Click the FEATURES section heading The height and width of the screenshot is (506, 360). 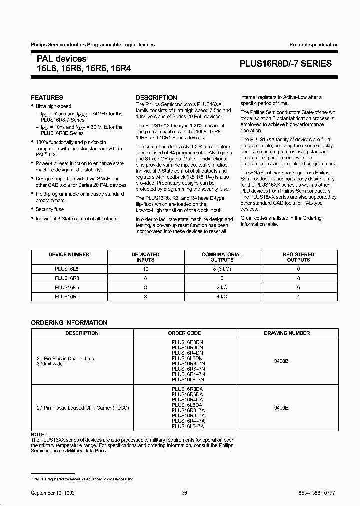pyautogui.click(x=47, y=98)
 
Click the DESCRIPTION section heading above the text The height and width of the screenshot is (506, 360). pyautogui.click(x=156, y=98)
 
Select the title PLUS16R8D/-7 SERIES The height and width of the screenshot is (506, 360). pyautogui.click(x=285, y=64)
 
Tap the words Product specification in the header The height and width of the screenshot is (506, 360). pyautogui.click(x=314, y=45)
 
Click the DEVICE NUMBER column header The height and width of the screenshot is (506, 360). pyautogui.click(x=69, y=255)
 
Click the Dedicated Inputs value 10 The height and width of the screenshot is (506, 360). pyautogui.click(x=145, y=269)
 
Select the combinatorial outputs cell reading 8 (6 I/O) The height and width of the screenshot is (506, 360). pyautogui.click(x=222, y=269)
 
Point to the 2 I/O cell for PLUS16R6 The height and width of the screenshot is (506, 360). pyautogui.click(x=222, y=288)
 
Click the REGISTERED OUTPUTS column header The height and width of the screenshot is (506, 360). pyautogui.click(x=298, y=257)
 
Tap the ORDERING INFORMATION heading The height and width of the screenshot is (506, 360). pyautogui.click(x=69, y=323)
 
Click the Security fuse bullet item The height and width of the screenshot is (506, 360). pyautogui.click(x=50, y=210)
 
